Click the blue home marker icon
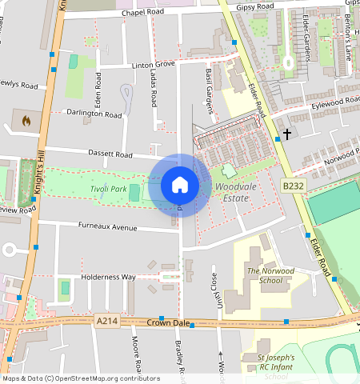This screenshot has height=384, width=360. pos(180,186)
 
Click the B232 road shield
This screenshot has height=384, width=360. pos(294,186)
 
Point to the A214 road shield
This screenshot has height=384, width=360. pos(106,321)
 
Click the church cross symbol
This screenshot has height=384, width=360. pos(286,134)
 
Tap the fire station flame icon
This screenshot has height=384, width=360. pos(26,122)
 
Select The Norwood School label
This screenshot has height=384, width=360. pos(264,276)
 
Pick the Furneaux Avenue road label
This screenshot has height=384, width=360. pos(108,227)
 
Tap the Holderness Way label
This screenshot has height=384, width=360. pos(107,277)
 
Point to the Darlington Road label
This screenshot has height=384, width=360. pos(94,114)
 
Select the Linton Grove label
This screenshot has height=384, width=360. pos(153,63)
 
